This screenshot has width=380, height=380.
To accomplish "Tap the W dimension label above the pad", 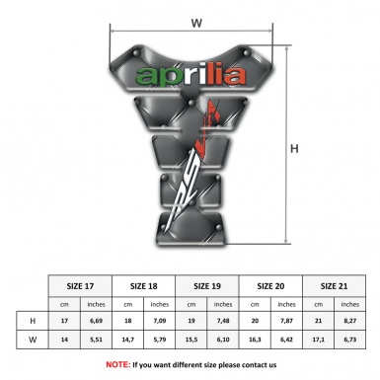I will pyautogui.click(x=195, y=19).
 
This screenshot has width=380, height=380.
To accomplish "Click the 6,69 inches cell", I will pyautogui.click(x=97, y=322).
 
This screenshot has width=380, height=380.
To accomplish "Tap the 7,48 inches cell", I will pyautogui.click(x=224, y=322).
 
